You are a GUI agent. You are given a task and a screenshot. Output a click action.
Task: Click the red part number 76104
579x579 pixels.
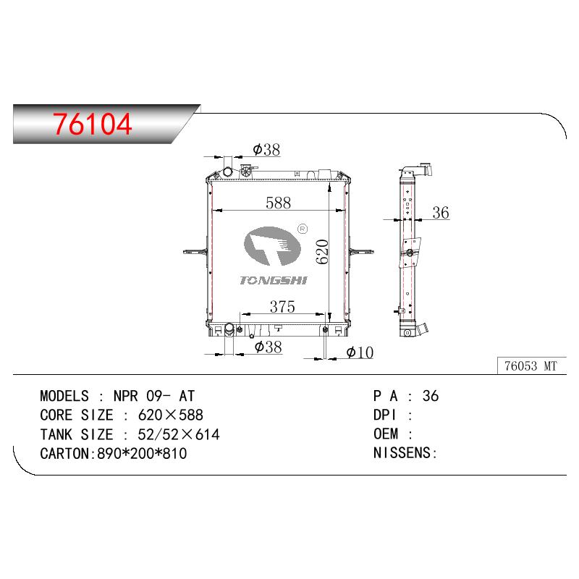(x=92, y=124)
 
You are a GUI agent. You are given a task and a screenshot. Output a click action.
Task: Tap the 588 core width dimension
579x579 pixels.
(x=278, y=203)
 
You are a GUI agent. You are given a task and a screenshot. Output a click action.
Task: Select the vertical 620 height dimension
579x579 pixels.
(x=322, y=252)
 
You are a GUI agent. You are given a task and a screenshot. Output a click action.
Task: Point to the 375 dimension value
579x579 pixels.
(x=282, y=307)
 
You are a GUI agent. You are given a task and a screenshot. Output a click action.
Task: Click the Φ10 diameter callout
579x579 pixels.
(x=360, y=352)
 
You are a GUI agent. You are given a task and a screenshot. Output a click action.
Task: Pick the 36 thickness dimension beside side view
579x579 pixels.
(x=441, y=213)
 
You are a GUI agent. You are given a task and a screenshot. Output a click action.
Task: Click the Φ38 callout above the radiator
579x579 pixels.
(x=266, y=150)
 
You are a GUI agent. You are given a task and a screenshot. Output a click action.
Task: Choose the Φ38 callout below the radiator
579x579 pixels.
(x=268, y=347)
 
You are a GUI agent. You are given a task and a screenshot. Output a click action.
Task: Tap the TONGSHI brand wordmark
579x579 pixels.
(x=274, y=281)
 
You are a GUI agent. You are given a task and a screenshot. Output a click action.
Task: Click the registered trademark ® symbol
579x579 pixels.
(x=303, y=229)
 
